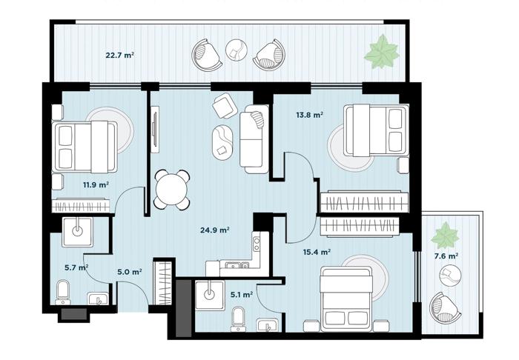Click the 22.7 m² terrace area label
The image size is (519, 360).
120,56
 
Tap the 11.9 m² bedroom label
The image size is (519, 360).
96,184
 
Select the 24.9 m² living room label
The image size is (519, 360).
215,230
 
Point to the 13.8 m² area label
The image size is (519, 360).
309,115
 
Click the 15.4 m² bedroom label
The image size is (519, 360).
317,253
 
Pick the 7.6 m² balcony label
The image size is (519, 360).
446,256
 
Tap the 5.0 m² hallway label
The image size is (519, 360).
130,272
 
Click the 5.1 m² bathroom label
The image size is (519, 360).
242,294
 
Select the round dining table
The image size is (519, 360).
172,190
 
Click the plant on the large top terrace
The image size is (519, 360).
382,52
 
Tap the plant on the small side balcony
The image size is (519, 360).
445,236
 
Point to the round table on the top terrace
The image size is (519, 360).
237,50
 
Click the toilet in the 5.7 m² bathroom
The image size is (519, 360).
62,293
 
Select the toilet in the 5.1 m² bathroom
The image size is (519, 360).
238,319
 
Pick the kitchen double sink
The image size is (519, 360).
237,265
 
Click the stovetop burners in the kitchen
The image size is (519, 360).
257,244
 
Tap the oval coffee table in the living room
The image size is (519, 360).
222,142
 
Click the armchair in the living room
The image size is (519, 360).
225,106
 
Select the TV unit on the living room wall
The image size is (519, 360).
155,129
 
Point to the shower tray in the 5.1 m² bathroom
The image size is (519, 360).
210,296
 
